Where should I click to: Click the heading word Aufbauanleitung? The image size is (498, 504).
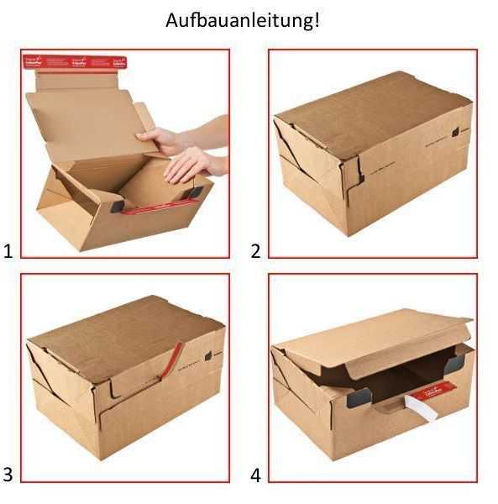[243, 20]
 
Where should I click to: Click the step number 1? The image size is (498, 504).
[8, 250]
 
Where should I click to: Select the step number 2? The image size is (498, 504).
[255, 250]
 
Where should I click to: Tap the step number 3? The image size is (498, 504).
[8, 475]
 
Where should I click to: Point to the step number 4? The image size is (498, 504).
[255, 475]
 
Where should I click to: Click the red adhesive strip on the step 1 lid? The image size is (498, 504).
[82, 63]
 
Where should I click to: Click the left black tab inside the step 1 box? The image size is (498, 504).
[116, 204]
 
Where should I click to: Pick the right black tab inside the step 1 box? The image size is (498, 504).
[195, 192]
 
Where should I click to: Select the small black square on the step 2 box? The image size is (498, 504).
[455, 131]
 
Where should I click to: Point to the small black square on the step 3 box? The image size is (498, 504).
[207, 355]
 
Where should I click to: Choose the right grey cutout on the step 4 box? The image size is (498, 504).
[455, 362]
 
